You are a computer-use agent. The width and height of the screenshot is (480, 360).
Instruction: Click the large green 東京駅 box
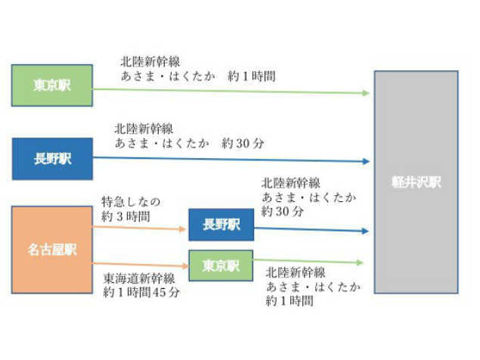click(x=52, y=85)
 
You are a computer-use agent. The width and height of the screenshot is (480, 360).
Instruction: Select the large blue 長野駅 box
click(x=52, y=159)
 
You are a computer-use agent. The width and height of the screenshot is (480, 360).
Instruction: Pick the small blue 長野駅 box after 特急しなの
click(x=221, y=225)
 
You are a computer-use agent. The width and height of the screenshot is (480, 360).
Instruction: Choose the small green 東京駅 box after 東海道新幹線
click(x=221, y=265)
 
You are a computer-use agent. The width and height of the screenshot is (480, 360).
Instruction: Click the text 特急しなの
click(x=131, y=202)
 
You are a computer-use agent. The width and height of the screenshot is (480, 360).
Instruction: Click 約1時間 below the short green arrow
click(x=289, y=301)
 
